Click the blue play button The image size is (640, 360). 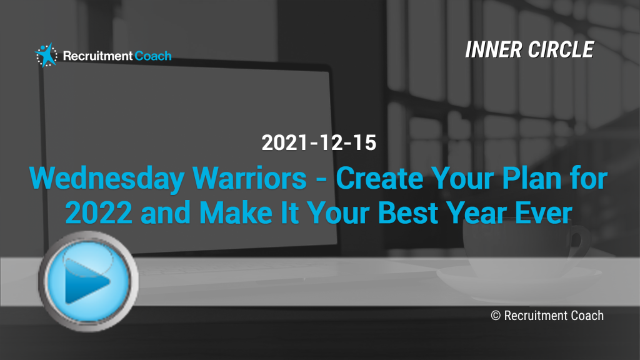point(89,281)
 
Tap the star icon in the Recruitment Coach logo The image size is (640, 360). point(46,55)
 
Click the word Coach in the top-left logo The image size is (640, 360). point(153,56)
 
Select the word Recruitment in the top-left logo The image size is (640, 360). point(98,56)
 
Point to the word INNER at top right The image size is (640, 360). point(494,50)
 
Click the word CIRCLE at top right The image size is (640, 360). point(561,50)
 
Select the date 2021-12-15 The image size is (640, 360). point(319,143)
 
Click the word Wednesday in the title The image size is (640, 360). point(107,179)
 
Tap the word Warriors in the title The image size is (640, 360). point(249,178)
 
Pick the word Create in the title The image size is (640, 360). point(379,178)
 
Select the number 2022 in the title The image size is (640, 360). point(99,212)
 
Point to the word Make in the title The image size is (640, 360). point(236,212)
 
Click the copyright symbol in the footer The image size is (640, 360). point(496,316)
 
